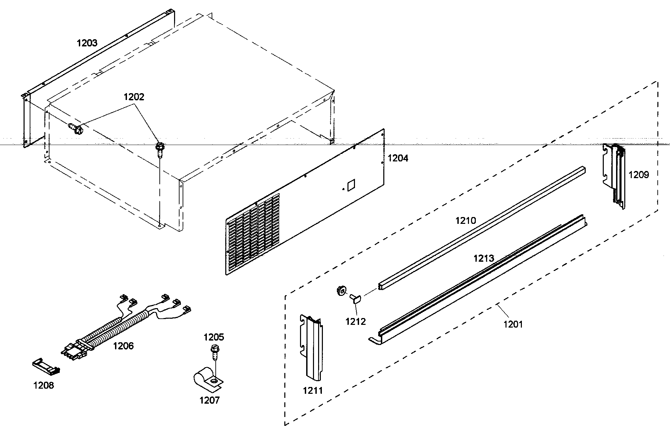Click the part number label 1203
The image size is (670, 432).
[87, 43]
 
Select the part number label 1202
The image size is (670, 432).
[134, 97]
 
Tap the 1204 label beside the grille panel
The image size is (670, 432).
[398, 158]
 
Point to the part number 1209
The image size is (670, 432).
[639, 175]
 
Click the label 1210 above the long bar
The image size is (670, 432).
[466, 221]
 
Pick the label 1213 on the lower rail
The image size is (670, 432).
[484, 258]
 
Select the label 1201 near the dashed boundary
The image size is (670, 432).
[513, 324]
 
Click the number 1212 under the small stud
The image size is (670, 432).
[356, 321]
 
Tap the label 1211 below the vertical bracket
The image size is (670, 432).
[313, 390]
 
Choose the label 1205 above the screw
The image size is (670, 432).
[214, 337]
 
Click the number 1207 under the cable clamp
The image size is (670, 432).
[210, 400]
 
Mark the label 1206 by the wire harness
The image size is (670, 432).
[124, 346]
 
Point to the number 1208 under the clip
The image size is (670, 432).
[44, 386]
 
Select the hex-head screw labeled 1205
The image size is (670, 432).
[214, 351]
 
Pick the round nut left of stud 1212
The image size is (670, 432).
[340, 291]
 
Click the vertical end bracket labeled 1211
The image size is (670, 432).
[312, 348]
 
